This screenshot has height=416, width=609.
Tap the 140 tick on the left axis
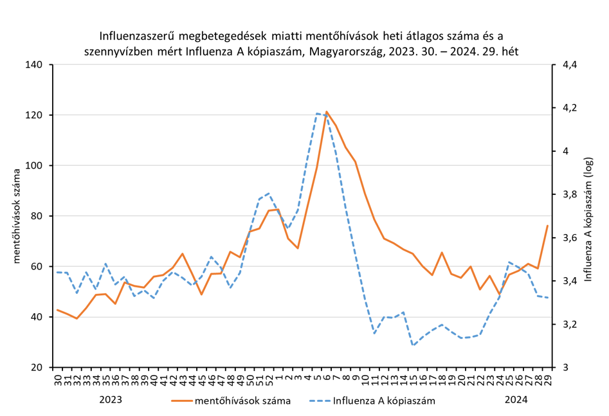34,65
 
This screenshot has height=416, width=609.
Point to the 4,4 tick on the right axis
570,65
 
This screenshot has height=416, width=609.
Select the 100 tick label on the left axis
34,166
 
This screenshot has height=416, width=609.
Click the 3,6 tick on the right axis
570,238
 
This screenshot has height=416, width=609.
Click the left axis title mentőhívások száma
18,215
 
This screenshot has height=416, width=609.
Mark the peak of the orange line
327,111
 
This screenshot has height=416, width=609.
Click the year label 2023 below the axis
111,399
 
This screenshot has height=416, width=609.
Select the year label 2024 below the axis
516,399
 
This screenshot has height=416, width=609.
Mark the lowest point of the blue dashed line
414,345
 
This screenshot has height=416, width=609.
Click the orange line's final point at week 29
547,226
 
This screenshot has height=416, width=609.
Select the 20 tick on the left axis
37,368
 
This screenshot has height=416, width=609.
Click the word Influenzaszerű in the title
137,35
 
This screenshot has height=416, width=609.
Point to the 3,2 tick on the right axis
570,325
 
